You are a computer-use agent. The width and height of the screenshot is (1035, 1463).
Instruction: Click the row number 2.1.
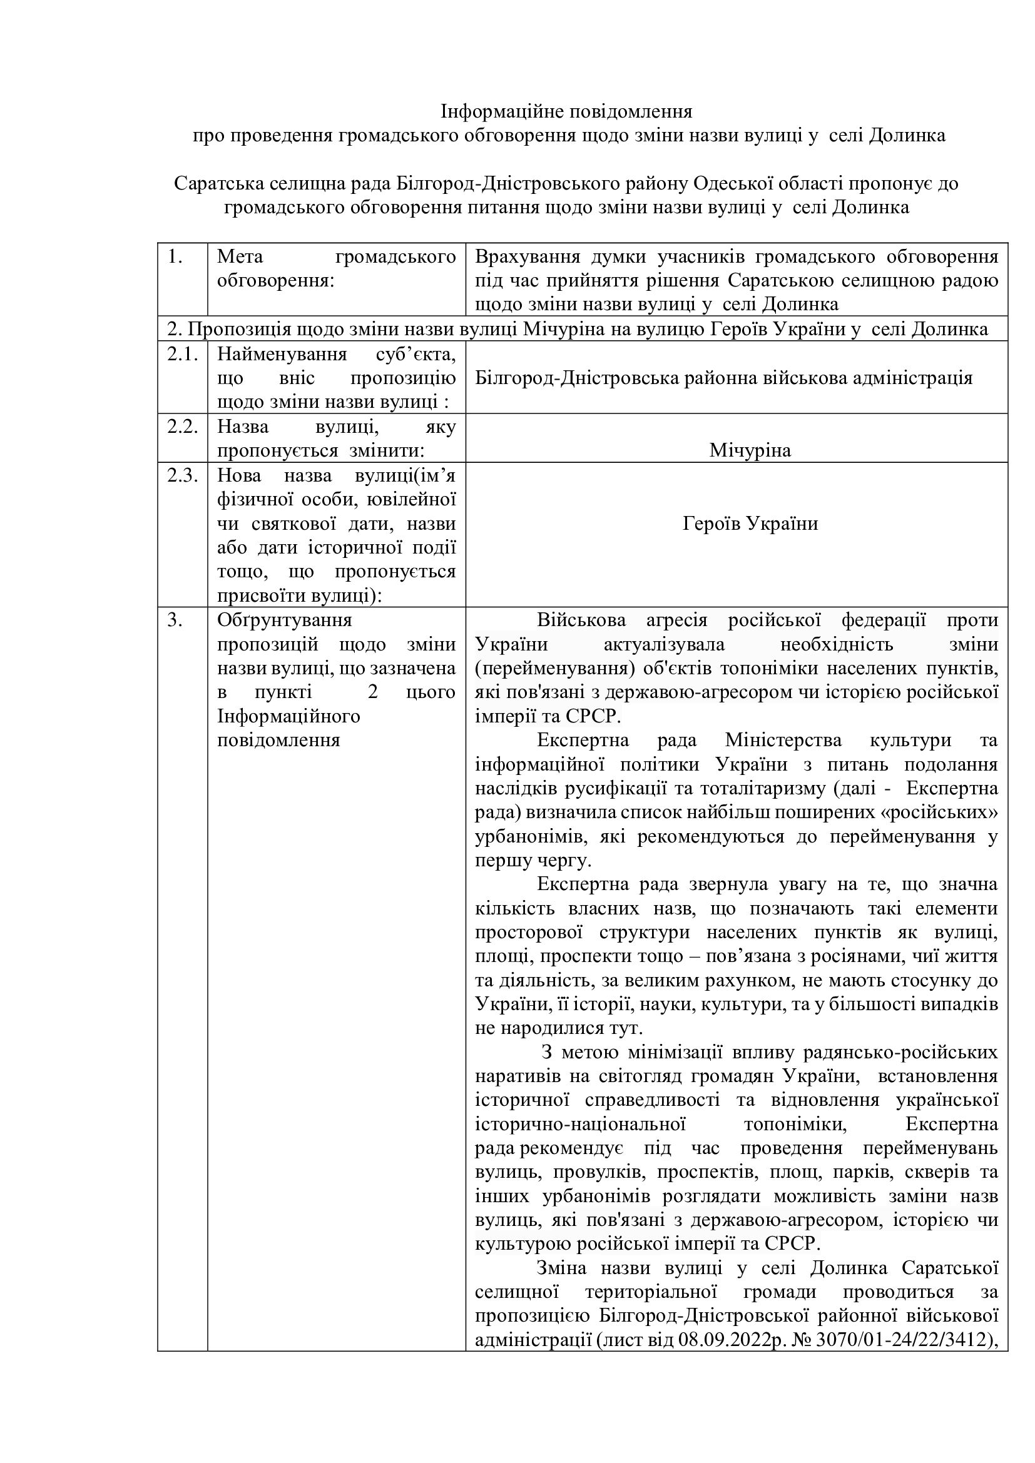tap(182, 354)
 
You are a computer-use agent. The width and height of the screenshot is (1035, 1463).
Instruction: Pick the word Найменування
tap(282, 354)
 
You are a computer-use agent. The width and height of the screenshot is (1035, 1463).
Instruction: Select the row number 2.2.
tap(182, 427)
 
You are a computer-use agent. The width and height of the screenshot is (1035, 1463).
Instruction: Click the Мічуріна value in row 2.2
tap(750, 450)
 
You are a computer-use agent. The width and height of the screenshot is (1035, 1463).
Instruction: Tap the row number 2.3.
tap(182, 476)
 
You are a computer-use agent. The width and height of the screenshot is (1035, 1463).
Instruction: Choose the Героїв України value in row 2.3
tap(750, 524)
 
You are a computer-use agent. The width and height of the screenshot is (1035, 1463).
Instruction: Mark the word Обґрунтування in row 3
tap(285, 620)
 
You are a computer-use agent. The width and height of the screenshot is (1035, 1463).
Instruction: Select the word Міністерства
tap(783, 741)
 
